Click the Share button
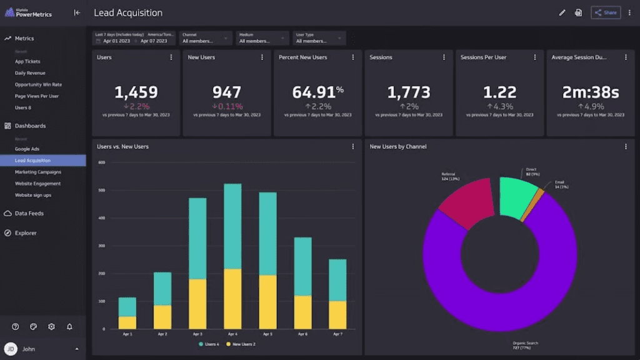[605, 12]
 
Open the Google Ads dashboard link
[27, 149]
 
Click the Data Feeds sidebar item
[29, 213]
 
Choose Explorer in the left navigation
[26, 233]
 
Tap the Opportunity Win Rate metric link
[38, 84]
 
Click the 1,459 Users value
[136, 92]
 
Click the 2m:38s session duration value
[591, 92]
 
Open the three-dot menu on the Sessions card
[444, 57]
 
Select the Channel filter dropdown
[206, 38]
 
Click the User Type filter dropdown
[319, 38]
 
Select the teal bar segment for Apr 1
[127, 306]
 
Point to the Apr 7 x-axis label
[337, 335]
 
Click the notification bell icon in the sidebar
[69, 327]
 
